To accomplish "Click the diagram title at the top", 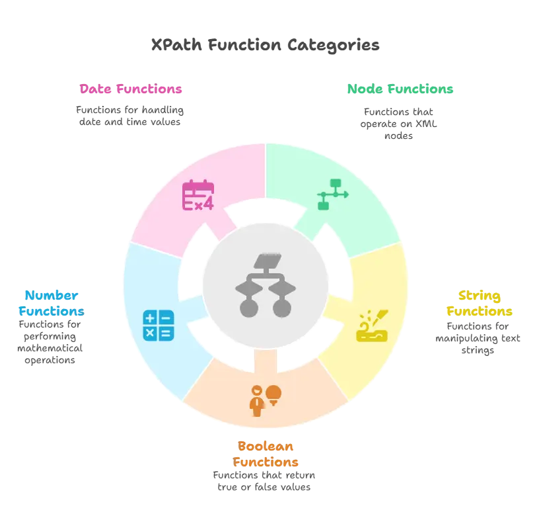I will click(265, 45).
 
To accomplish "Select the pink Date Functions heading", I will click(131, 89).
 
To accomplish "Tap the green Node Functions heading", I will click(400, 89).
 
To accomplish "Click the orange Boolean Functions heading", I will click(266, 453).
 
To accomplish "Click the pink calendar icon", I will click(198, 195).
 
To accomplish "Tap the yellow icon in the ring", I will click(372, 325).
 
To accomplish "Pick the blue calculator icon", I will click(159, 325).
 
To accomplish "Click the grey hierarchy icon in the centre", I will click(265, 284).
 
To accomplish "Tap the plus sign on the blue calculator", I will click(151, 318).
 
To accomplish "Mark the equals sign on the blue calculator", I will click(166, 333).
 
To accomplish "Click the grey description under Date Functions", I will click(129, 114).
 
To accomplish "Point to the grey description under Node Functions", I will click(399, 122).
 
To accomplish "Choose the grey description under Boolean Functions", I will click(265, 482).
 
